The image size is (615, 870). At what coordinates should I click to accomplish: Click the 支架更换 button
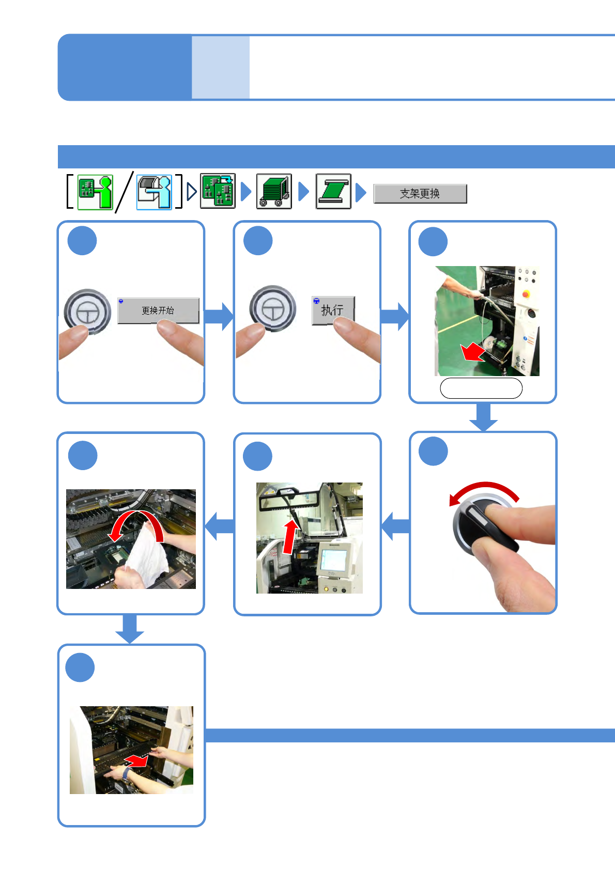point(420,194)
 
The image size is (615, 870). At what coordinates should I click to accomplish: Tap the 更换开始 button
point(158,310)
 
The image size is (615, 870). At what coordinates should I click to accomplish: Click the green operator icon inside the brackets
point(95,192)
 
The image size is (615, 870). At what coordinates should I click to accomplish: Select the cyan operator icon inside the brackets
point(154,192)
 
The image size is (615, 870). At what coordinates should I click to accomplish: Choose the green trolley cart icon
point(274,192)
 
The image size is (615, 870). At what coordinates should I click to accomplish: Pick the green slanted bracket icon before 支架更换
point(333,192)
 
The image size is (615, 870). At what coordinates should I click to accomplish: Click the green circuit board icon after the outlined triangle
point(218,191)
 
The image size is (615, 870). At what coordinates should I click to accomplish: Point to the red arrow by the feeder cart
point(472,353)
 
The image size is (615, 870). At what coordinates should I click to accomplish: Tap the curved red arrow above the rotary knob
point(483,491)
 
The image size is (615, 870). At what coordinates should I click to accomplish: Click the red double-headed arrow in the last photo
point(136,760)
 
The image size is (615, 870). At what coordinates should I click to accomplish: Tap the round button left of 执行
point(272,308)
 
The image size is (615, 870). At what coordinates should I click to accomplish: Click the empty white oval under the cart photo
point(481,389)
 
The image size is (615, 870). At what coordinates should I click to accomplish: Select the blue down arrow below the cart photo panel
point(483,417)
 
